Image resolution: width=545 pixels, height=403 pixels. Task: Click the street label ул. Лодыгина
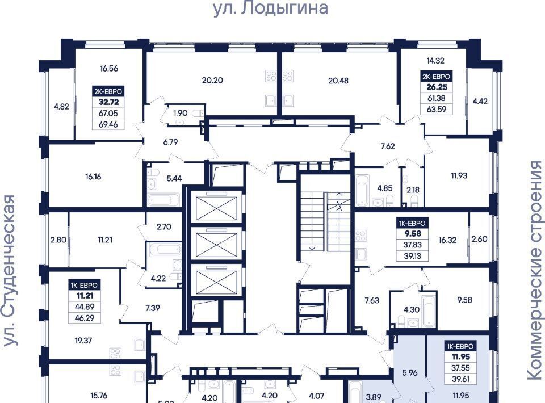(270, 7)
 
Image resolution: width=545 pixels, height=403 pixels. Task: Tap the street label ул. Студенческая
(10, 270)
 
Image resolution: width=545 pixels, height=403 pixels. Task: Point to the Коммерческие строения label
(535, 271)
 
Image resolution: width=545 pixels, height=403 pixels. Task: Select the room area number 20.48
(338, 81)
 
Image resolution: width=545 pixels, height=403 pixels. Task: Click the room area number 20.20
(212, 80)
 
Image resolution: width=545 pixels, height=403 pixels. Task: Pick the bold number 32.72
(109, 102)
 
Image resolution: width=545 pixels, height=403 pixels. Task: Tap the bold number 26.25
(437, 87)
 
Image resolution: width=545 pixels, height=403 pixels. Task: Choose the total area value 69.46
(108, 124)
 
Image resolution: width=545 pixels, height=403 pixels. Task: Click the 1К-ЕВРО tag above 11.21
(85, 286)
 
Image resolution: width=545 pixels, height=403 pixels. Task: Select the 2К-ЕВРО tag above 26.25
(436, 76)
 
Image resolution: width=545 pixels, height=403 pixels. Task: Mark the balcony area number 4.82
(61, 107)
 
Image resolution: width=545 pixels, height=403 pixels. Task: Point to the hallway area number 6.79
(170, 142)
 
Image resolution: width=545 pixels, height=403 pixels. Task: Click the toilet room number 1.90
(180, 113)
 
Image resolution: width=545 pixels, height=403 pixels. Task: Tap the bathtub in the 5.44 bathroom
(163, 200)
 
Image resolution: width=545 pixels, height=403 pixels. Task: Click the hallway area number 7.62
(388, 146)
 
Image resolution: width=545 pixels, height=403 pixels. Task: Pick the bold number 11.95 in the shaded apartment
(460, 357)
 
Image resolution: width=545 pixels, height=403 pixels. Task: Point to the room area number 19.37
(83, 341)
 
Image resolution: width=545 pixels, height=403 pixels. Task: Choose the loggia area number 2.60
(479, 239)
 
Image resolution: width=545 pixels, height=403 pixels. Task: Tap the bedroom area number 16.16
(93, 177)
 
